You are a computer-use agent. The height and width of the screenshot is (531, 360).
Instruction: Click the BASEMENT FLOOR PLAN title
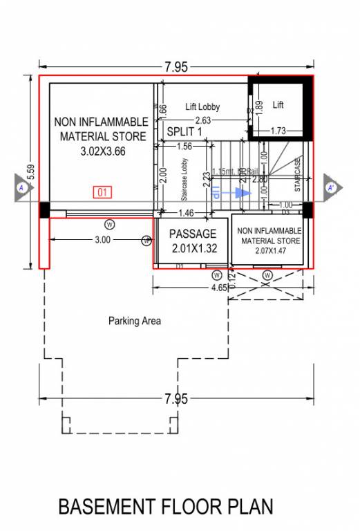coord(166,507)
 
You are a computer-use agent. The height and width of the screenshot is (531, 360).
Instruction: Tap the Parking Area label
coord(135,321)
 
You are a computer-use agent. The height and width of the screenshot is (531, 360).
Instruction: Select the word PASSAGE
coord(193,234)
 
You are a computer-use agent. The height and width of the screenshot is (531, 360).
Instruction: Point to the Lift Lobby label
coord(202,107)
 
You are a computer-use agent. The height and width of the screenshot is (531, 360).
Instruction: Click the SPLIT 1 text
coord(184,131)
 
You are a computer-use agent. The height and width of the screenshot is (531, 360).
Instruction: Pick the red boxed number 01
coord(102,192)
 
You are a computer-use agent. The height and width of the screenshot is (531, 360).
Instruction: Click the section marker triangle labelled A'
coord(332,187)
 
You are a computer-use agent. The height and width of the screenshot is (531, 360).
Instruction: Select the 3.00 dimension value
coord(102,240)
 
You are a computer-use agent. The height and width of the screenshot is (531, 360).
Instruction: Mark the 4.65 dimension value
coord(220,285)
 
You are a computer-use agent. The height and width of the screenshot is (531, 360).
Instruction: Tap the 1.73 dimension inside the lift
coord(278,131)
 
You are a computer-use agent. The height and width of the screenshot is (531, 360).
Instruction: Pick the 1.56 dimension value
coord(184,146)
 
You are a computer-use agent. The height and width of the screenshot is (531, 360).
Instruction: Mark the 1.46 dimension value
coord(187,214)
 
